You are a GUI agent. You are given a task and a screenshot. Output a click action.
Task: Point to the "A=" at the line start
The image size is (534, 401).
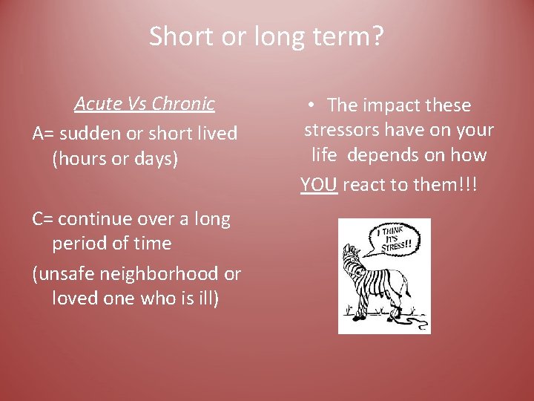[43, 134]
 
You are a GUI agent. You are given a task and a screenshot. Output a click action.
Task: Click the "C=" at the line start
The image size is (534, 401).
[42, 219]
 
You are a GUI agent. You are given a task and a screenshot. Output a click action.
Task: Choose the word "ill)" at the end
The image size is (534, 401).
[205, 299]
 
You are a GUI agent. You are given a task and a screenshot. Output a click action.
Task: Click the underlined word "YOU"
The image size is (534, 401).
[320, 185]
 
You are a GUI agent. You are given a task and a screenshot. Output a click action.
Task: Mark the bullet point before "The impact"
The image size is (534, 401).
[315, 105]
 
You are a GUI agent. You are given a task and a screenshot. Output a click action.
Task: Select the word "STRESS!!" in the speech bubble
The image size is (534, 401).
[395, 247]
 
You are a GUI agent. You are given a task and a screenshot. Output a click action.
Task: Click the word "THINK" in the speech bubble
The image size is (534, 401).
[392, 231]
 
